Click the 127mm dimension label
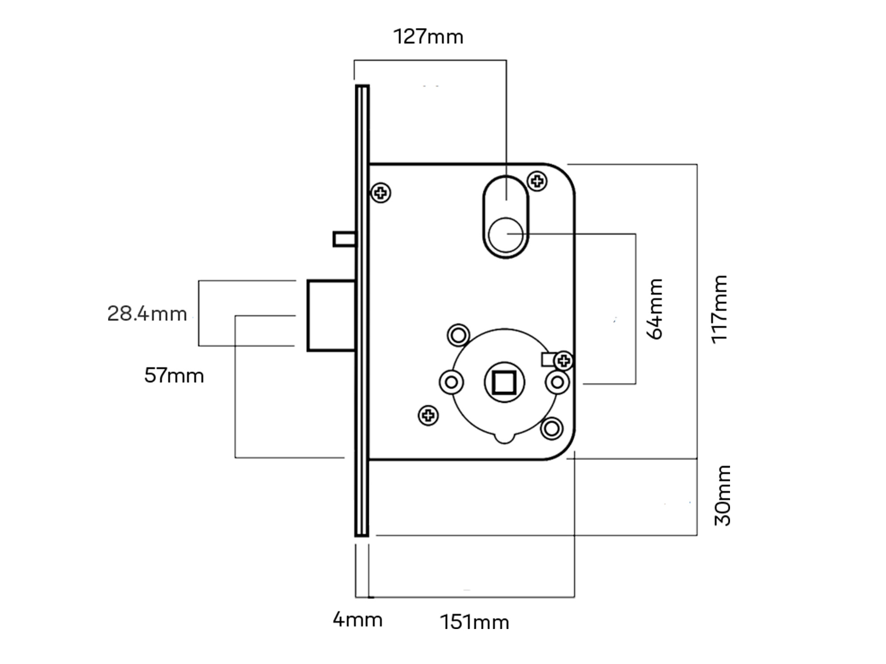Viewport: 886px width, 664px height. point(428,37)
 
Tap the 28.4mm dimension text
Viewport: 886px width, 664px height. point(147,314)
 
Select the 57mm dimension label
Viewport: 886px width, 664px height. point(174,376)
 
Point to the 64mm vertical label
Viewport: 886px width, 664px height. point(655,309)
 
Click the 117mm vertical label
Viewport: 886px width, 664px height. point(719,309)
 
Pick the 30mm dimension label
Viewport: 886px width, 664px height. point(723,495)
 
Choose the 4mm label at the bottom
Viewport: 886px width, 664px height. point(358,620)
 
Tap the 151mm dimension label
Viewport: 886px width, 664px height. point(474,622)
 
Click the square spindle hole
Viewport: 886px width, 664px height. point(504,382)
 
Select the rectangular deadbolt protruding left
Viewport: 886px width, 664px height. point(331,316)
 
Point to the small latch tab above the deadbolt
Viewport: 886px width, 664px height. point(344,239)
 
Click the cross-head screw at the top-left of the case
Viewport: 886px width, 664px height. point(381,193)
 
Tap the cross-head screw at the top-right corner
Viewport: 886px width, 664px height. point(537,181)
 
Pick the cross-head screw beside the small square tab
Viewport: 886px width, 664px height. point(563,361)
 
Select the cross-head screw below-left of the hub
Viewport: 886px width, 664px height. point(428,415)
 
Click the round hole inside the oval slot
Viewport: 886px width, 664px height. point(506,235)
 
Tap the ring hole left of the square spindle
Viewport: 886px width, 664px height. point(451,382)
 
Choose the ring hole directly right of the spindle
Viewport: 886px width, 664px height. point(557,382)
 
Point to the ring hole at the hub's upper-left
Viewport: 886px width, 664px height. point(459,335)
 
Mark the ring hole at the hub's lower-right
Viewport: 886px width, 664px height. point(552,428)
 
